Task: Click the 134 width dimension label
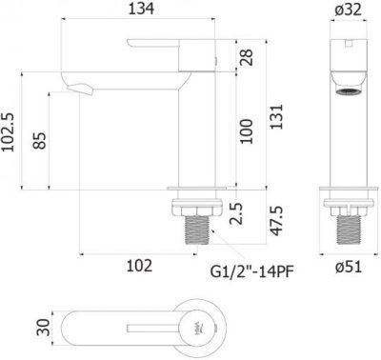tap(141, 9)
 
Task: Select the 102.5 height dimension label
tap(9, 132)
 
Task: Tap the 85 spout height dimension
tap(40, 140)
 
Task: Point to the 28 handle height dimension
tap(248, 57)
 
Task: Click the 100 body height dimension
tap(247, 131)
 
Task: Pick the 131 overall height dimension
tap(276, 116)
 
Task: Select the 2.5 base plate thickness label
tap(236, 213)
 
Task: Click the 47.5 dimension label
tap(276, 220)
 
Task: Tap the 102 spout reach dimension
tap(139, 266)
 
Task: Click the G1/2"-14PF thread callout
tap(251, 271)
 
